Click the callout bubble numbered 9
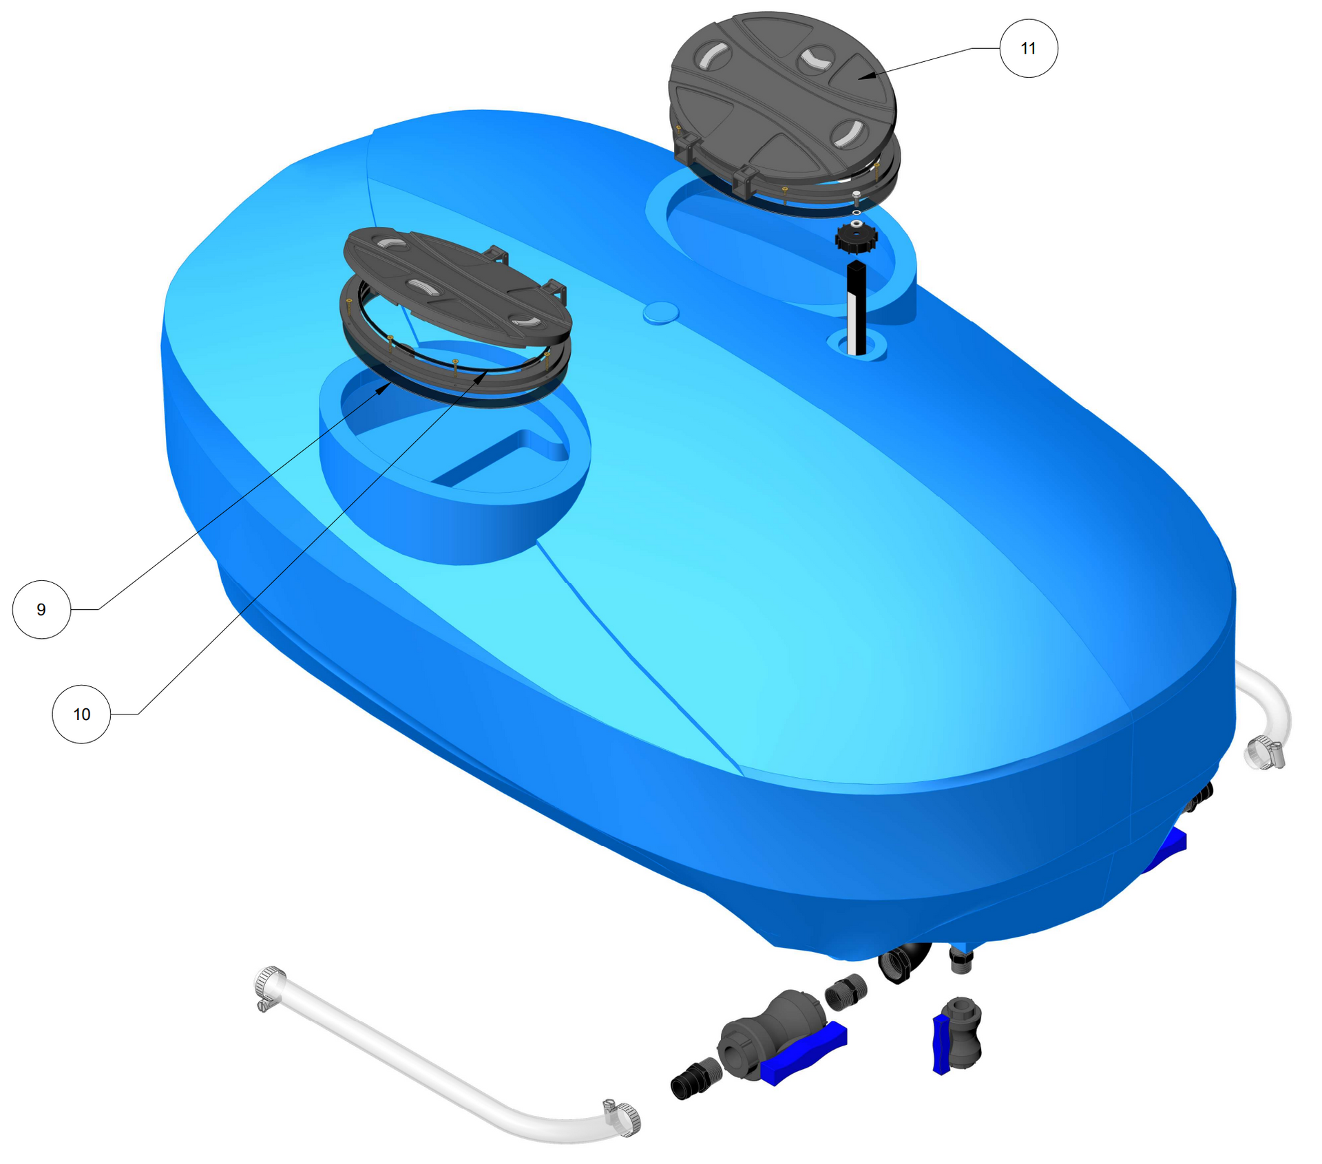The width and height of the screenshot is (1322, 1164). (x=41, y=610)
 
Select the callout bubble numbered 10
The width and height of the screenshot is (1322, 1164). (x=81, y=715)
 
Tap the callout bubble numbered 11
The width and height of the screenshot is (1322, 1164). (x=1029, y=48)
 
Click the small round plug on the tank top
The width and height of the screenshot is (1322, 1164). (x=661, y=313)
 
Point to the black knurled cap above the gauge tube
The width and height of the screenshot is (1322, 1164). (x=856, y=237)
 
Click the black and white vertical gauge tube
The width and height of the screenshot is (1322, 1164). (x=856, y=308)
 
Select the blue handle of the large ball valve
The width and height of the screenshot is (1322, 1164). (x=804, y=1054)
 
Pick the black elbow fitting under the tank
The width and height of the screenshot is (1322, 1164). (x=904, y=962)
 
